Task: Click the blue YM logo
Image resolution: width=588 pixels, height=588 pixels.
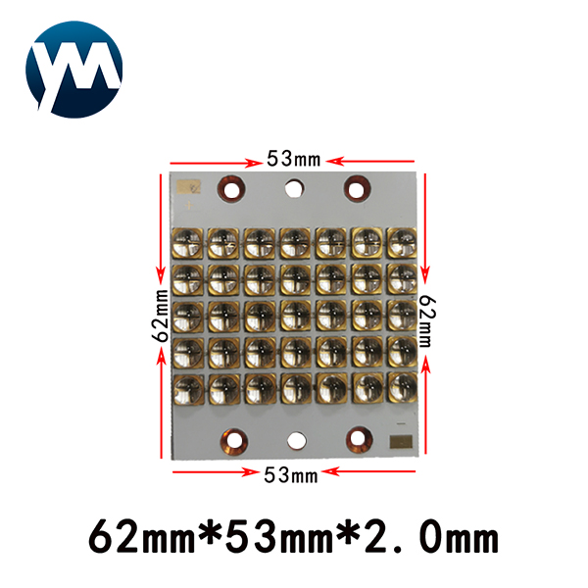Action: tap(73, 70)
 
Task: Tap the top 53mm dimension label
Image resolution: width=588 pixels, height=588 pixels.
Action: tap(294, 159)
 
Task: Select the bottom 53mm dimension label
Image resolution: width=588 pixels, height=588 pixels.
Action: tap(291, 474)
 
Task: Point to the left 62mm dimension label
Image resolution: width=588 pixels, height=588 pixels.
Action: tap(161, 316)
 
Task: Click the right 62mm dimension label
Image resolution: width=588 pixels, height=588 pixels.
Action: tap(426, 321)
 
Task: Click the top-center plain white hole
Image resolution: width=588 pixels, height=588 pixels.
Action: tap(294, 188)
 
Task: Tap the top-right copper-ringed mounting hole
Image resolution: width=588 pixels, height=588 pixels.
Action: tap(358, 188)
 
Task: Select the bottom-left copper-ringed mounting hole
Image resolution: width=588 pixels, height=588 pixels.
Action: tap(234, 441)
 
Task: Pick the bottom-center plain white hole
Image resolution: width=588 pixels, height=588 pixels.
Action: tap(297, 441)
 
